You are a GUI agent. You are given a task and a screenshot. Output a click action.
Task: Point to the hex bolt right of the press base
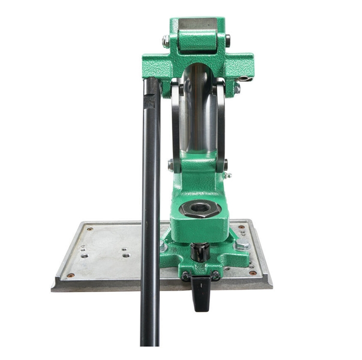click(x=241, y=245)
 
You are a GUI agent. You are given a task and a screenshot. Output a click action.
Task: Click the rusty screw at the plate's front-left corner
click(x=70, y=275)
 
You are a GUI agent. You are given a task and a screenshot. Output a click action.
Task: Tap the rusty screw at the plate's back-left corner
click(x=90, y=228)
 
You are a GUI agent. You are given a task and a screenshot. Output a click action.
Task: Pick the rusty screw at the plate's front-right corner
click(x=253, y=272)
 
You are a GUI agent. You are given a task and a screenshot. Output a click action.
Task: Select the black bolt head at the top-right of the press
click(x=228, y=40)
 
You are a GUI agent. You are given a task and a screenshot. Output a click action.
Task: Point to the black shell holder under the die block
click(x=199, y=252)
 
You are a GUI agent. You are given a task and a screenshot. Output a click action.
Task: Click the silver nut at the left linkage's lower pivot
click(x=170, y=166)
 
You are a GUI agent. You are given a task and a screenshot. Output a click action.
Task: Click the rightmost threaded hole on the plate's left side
click(x=126, y=255)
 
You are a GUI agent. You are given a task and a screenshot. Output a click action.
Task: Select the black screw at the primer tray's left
click(x=185, y=275)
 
